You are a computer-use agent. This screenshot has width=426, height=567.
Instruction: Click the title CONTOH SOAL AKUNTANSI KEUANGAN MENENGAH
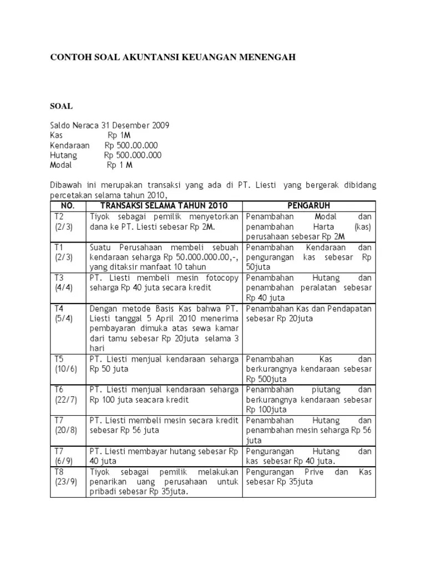click(173, 57)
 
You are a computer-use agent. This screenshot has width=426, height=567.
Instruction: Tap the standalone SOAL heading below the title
click(61, 106)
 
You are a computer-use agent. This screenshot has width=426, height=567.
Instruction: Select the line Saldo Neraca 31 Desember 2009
click(109, 126)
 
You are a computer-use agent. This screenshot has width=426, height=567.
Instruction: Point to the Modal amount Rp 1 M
click(120, 166)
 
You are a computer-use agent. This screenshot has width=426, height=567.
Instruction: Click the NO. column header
click(67, 206)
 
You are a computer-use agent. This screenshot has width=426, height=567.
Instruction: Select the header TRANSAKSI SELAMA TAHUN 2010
click(164, 206)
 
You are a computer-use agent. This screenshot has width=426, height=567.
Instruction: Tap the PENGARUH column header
click(308, 206)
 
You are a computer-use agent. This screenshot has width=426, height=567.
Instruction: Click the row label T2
click(59, 217)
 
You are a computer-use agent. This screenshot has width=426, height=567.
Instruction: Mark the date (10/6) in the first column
click(65, 369)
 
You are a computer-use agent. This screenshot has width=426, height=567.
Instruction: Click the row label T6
click(59, 390)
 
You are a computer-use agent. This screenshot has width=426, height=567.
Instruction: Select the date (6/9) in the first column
click(64, 461)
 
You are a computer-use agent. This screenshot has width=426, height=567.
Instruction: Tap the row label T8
click(59, 472)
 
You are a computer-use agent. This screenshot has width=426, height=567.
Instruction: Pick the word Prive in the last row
click(315, 472)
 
